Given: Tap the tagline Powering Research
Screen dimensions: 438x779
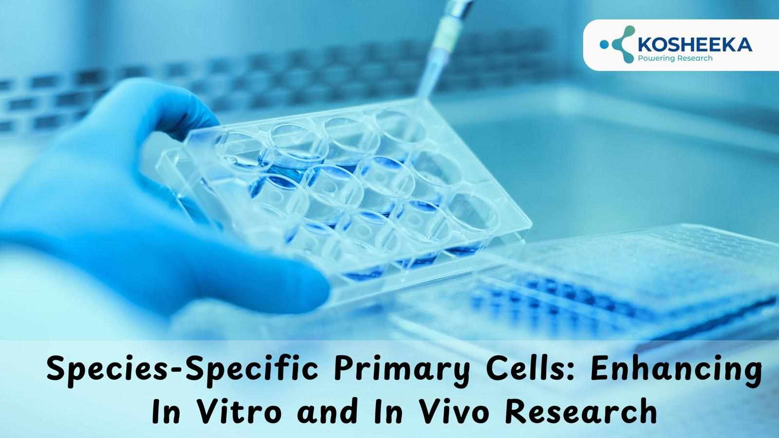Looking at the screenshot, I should (x=675, y=58).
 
